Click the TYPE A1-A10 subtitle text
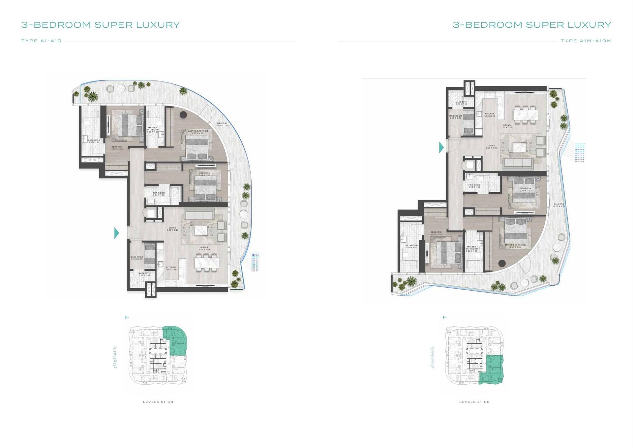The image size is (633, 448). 42,41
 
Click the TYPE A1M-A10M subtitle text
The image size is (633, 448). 586,41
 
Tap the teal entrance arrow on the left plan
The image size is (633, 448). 116,233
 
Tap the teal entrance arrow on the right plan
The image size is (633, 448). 441,147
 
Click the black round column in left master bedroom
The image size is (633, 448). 183,114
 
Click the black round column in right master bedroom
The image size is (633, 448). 502,263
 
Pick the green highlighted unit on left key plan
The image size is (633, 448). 176,340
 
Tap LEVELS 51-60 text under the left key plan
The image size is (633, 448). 158,402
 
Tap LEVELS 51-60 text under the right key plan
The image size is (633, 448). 474,402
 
